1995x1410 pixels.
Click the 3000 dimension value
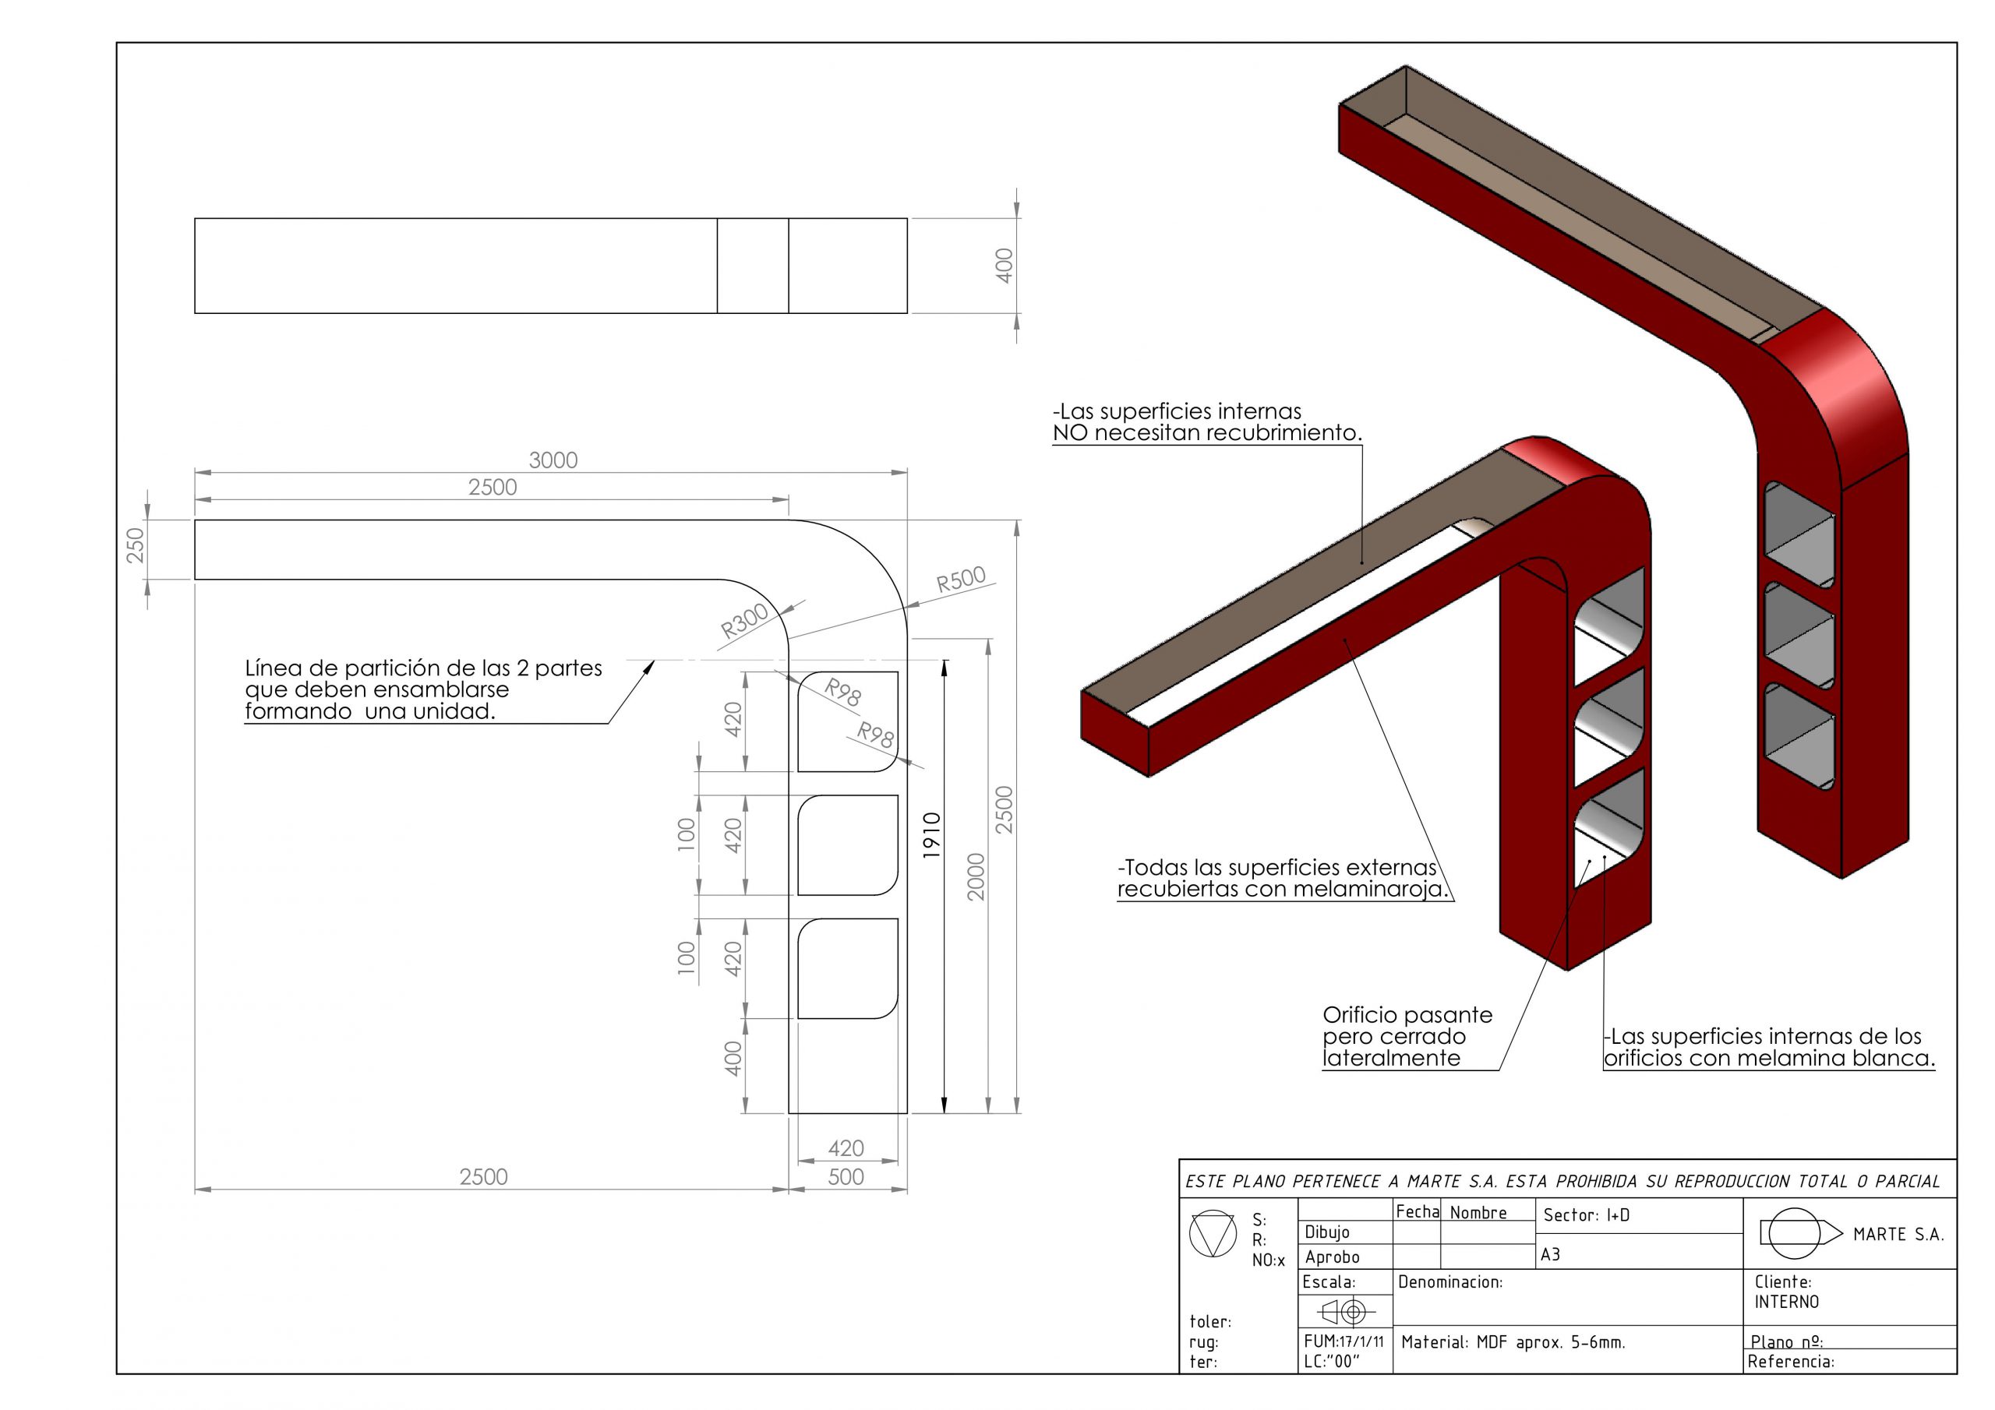coord(553,460)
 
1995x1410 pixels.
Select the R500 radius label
coord(960,580)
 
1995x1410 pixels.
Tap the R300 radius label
coord(745,620)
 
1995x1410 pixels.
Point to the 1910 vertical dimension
coord(931,835)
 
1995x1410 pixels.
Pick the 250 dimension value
coord(136,545)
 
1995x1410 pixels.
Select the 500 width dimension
coord(846,1176)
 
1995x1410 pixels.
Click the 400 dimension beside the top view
coord(1004,265)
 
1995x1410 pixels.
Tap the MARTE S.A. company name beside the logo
coord(1898,1235)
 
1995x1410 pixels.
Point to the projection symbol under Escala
coord(1343,1311)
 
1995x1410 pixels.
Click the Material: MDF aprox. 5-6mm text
coord(1513,1342)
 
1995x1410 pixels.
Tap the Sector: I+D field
coord(1586,1215)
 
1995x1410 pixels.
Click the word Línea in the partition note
coord(273,668)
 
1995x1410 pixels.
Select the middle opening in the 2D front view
coord(847,844)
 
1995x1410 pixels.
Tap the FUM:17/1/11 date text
coord(1344,1341)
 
